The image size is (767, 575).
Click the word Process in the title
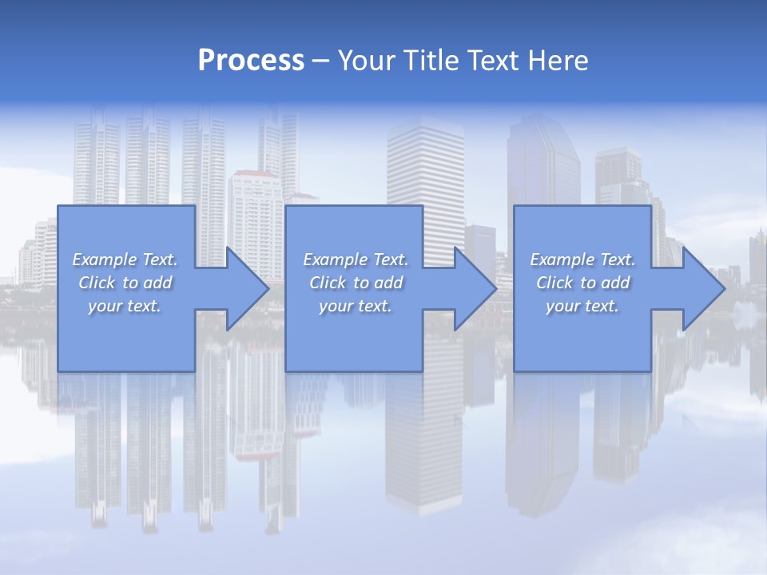coord(251,61)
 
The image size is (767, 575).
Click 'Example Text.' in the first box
coord(125,260)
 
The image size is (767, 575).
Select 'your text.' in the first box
coord(125,306)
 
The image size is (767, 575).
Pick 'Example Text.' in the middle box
coord(356,260)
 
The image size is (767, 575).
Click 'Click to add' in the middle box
coord(356,283)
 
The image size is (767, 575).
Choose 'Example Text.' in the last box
coord(582,260)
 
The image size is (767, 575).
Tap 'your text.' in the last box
coord(582,306)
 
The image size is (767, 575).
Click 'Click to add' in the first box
coord(125,283)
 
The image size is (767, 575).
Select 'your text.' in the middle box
coord(356,306)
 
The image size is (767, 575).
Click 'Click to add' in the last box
coord(582,283)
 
